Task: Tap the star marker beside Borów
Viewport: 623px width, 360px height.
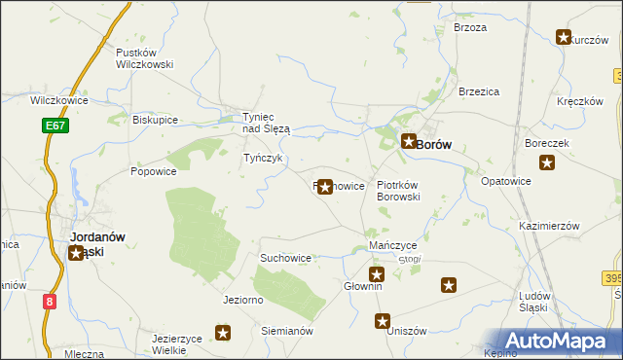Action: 409,142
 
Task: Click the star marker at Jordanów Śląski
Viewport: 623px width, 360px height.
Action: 77,254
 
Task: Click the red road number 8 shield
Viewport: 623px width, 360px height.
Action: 50,302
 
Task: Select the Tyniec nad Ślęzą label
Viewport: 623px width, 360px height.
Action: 266,123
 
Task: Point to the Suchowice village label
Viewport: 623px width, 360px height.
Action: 285,258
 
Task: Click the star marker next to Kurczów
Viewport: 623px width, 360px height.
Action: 563,38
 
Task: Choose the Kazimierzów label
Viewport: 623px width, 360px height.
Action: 549,225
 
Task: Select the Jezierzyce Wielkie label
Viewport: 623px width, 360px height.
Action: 183,344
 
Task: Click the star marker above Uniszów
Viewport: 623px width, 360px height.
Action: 383,320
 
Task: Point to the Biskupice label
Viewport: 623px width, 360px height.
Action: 155,120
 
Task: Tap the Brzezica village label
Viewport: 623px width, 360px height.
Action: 479,91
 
